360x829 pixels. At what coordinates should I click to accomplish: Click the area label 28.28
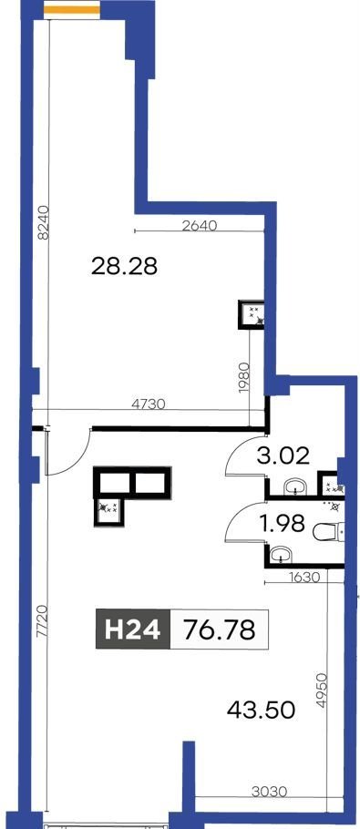(124, 266)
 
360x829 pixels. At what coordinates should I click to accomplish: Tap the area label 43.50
(261, 710)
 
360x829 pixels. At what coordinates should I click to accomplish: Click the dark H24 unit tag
(133, 629)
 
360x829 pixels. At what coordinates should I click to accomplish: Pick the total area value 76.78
(219, 629)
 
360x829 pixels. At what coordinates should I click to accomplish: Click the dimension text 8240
(44, 223)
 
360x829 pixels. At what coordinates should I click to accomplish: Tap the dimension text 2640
(200, 225)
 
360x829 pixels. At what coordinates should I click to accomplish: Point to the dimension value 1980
(243, 376)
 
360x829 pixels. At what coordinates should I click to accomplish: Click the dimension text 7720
(43, 624)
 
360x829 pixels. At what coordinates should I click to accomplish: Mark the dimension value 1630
(303, 578)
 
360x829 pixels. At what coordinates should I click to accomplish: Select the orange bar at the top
(71, 9)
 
